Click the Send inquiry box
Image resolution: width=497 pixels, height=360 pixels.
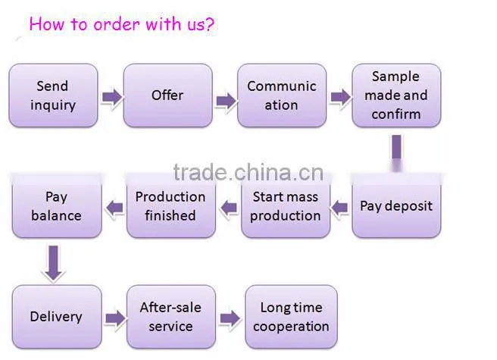[53, 95]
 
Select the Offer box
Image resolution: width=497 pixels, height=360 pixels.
[168, 95]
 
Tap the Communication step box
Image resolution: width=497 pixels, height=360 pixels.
[282, 95]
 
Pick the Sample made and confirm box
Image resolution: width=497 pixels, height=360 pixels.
[396, 95]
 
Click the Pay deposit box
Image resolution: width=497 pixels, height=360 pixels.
[396, 205]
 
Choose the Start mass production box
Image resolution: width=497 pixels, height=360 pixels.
[286, 205]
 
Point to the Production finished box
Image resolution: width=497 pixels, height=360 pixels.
[171, 205]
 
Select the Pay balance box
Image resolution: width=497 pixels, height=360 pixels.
[57, 205]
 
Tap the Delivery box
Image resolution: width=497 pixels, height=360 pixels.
[57, 317]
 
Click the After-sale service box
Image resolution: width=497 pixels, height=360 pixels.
[171, 317]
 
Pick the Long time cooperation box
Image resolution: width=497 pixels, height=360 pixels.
[291, 317]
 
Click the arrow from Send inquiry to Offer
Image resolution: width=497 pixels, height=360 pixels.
[112, 97]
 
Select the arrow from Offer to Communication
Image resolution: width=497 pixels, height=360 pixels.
[226, 102]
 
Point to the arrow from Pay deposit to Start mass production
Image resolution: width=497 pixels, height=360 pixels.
[339, 208]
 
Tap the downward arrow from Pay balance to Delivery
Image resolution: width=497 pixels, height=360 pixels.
[54, 263]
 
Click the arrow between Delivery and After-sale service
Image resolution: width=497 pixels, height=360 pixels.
[115, 318]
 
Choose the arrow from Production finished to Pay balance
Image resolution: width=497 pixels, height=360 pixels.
[114, 208]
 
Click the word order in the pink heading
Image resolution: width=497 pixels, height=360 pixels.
[117, 24]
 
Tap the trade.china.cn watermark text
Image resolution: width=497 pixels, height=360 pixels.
[248, 173]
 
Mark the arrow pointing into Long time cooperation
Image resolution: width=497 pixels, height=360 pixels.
[230, 318]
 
